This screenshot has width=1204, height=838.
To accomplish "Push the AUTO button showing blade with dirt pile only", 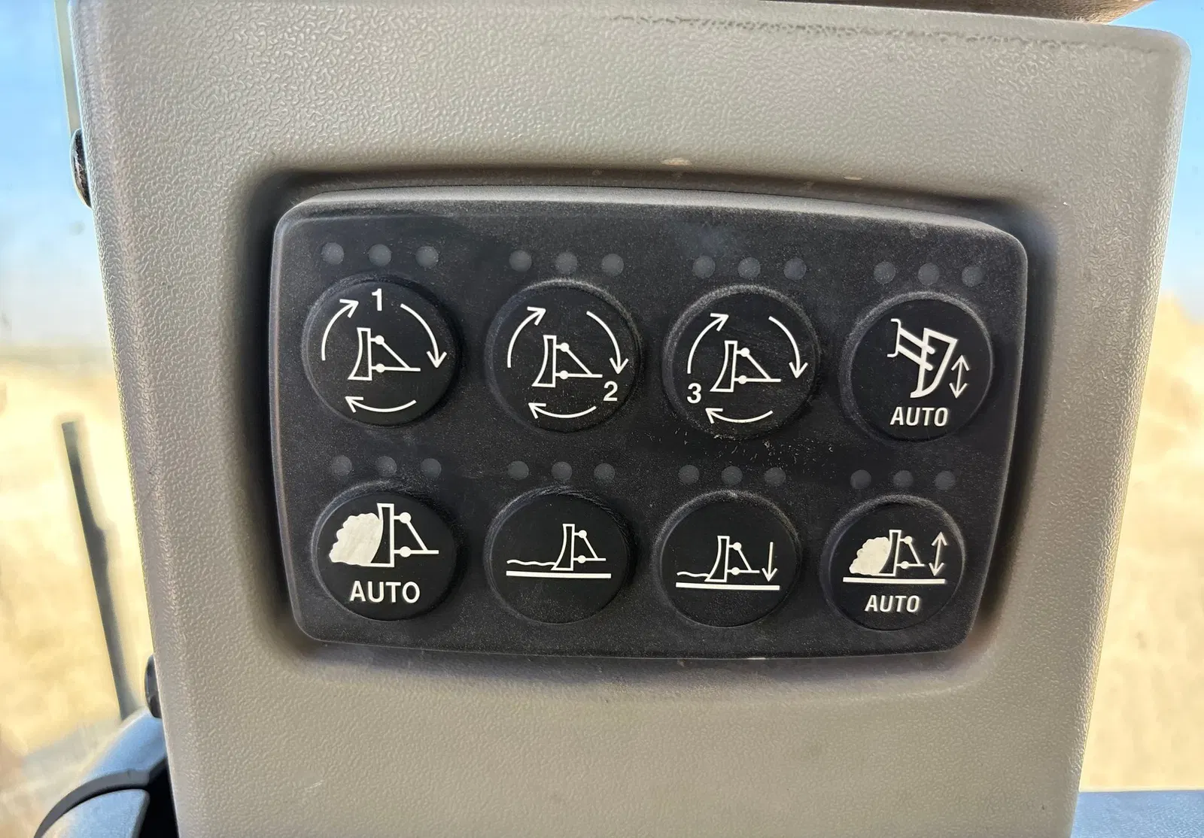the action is click(384, 551).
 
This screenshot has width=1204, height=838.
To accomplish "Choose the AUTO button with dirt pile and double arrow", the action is click(892, 563).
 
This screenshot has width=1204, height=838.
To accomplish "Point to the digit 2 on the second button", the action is click(610, 393).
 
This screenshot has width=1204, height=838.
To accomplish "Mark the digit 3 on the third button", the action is click(695, 395).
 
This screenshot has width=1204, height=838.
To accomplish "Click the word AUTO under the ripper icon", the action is click(919, 417).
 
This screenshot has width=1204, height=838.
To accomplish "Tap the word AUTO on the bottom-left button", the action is click(384, 592).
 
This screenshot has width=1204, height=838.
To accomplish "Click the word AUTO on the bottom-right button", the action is click(892, 604).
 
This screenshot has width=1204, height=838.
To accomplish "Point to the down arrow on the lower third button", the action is click(768, 561).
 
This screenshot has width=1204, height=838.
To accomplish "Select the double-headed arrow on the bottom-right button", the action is click(938, 554).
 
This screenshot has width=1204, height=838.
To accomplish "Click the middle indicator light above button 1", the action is click(379, 255).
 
